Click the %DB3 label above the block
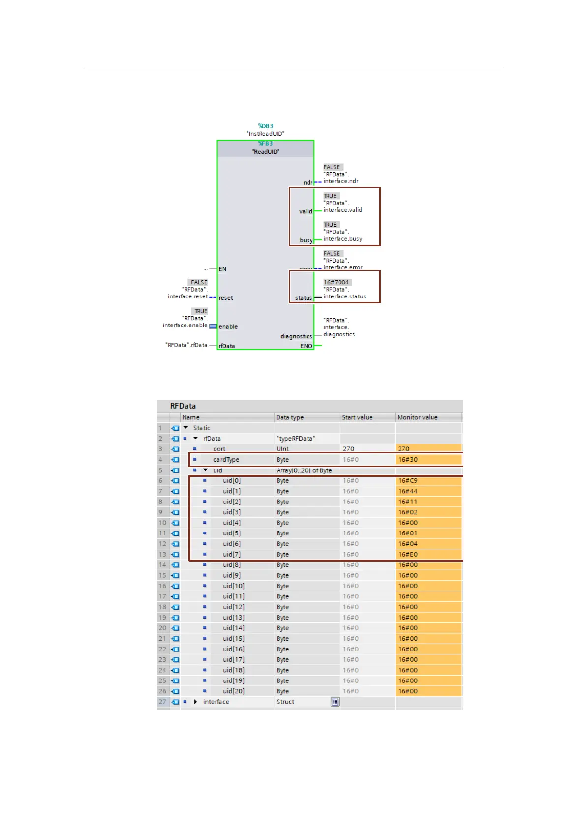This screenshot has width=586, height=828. [x=265, y=126]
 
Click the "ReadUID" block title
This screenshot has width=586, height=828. [x=266, y=152]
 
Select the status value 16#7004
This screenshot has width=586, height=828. [x=337, y=282]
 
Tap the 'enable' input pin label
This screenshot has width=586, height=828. [x=228, y=327]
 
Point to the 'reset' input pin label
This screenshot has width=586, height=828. [x=226, y=298]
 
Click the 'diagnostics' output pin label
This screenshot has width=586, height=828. [x=296, y=336]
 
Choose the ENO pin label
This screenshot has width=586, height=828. [x=306, y=346]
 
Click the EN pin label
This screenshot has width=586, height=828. [x=223, y=269]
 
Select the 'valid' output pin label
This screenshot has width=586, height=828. [x=306, y=211]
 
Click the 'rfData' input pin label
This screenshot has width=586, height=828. [x=227, y=346]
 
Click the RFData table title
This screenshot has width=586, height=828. [x=183, y=406]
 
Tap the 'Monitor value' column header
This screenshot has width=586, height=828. [x=417, y=417]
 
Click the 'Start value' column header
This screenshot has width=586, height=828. [x=357, y=417]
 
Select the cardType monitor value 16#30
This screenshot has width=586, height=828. [x=408, y=460]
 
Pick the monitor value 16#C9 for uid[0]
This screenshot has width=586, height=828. [x=408, y=481]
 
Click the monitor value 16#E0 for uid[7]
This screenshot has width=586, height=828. [x=408, y=554]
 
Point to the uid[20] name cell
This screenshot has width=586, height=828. [x=233, y=691]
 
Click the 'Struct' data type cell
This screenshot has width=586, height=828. [x=285, y=702]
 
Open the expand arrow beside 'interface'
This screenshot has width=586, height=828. [x=196, y=702]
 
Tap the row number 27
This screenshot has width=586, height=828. [x=162, y=702]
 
